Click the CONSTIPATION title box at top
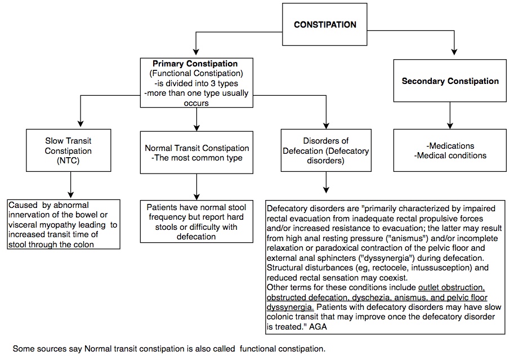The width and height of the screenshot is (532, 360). [325, 25]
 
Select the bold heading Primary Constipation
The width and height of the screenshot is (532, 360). [195, 64]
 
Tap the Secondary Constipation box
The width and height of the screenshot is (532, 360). [450, 81]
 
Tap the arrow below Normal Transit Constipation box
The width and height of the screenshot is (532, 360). [196, 186]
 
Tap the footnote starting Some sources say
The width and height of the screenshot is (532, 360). [169, 348]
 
